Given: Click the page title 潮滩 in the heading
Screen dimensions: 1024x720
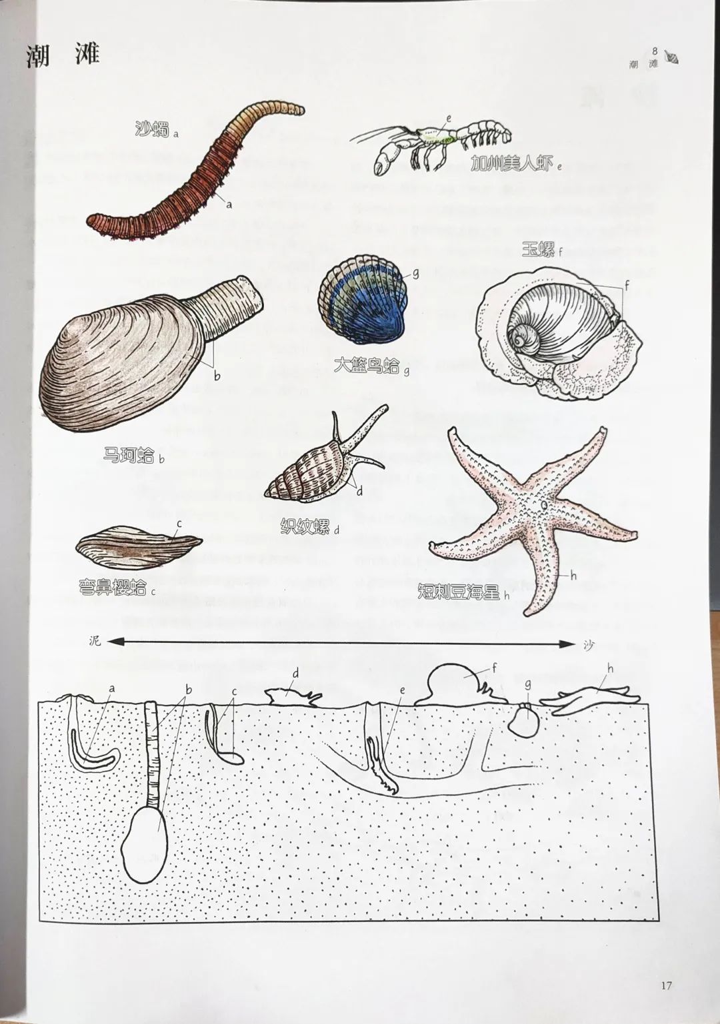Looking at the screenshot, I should coord(63,55).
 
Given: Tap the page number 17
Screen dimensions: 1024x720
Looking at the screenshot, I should coord(666,985).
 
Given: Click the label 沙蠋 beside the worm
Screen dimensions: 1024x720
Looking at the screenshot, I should coord(152,129).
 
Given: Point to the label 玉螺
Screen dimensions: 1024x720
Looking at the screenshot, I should coord(538,250).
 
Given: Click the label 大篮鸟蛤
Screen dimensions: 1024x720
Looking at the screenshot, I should coord(367,365).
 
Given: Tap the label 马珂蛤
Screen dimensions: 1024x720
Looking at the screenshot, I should coord(129,455).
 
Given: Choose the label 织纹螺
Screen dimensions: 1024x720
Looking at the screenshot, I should coord(305,527).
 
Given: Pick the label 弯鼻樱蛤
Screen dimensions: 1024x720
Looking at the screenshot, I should coord(113,587).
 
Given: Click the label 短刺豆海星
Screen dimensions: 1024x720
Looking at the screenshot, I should coord(459,592).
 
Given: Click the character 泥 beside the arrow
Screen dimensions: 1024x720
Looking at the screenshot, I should coord(95,642).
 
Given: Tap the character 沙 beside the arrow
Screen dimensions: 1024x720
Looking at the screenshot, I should coord(588,644).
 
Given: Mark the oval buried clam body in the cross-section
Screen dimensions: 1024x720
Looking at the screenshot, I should coord(145,835).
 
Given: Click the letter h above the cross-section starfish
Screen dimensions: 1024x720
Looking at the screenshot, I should coord(610,668).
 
